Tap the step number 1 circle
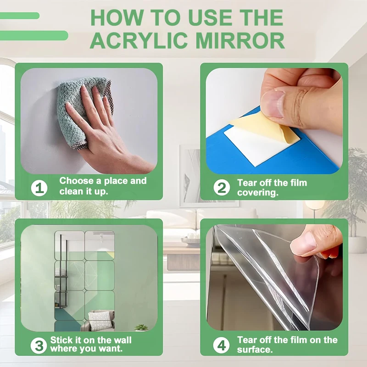pyautogui.click(x=39, y=188)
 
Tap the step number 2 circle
pyautogui.click(x=222, y=187)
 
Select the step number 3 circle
pyautogui.click(x=39, y=345)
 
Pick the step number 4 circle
pyautogui.click(x=221, y=345)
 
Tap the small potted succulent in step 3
pyautogui.click(x=141, y=328)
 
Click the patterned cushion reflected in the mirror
pyautogui.click(x=99, y=320)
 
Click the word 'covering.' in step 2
pyautogui.click(x=258, y=193)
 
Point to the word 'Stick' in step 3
pyautogui.click(x=61, y=340)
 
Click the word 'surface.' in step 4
pyautogui.click(x=255, y=350)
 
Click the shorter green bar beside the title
pyautogui.click(x=19, y=16)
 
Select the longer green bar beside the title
pyautogui.click(x=33, y=36)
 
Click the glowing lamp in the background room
pyautogui.click(x=315, y=205)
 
